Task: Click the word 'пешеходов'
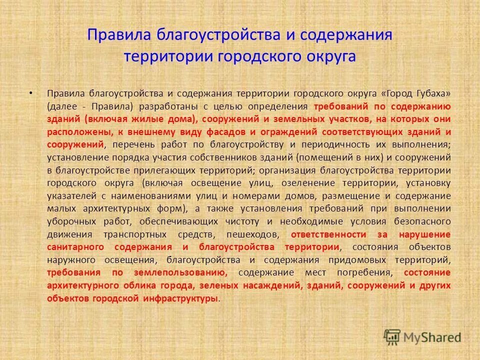click(x=253, y=234)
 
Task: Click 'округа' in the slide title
click(x=330, y=56)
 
